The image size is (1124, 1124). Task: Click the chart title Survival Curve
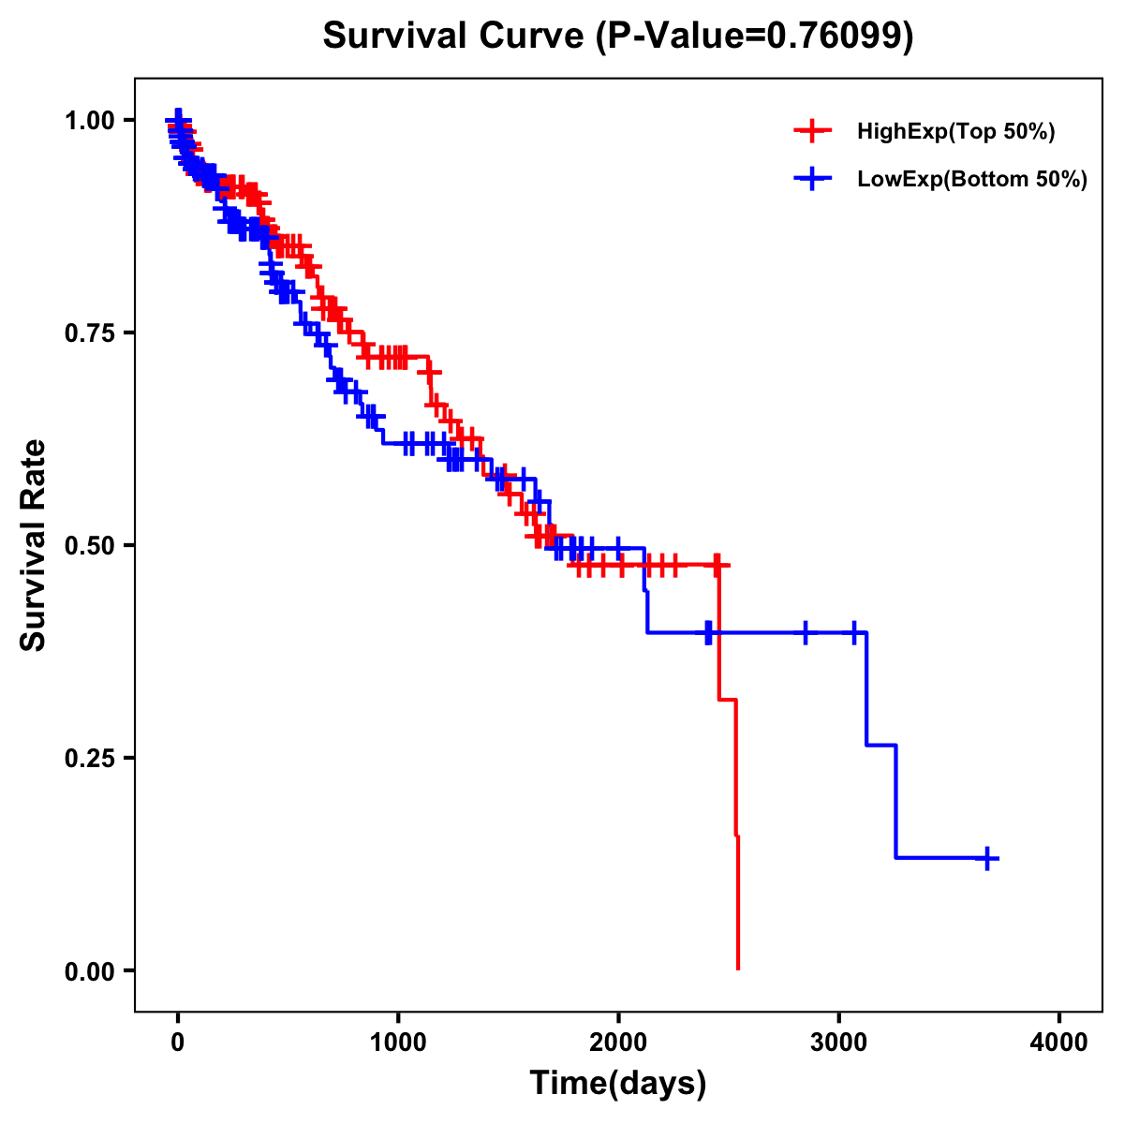tap(455, 37)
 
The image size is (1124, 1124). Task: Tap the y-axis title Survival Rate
tap(34, 544)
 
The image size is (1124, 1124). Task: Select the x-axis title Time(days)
tap(618, 1083)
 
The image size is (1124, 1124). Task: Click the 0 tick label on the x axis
tap(178, 1043)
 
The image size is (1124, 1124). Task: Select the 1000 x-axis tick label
tap(398, 1043)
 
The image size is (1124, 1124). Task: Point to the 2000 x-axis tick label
tap(618, 1043)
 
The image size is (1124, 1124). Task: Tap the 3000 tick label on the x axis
tap(839, 1043)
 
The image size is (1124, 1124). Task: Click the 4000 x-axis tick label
tap(1059, 1043)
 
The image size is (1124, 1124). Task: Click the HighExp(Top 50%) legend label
tap(956, 132)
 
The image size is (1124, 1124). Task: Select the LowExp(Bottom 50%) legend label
tap(972, 180)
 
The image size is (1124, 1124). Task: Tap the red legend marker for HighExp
tap(812, 131)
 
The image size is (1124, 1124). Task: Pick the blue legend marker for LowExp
tap(812, 179)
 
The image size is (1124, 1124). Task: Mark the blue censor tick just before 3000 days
tap(805, 633)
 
